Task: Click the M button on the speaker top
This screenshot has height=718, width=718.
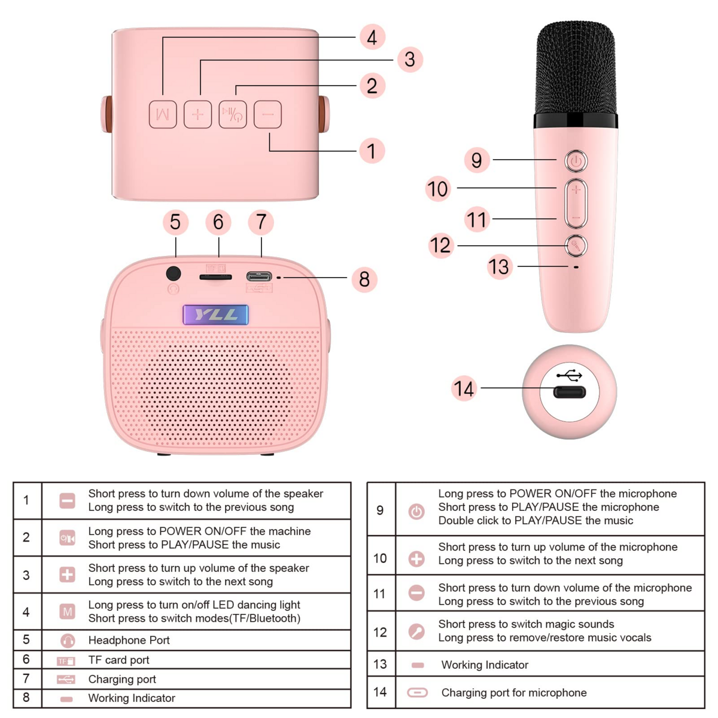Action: pos(163,114)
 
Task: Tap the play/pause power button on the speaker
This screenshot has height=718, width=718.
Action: pos(233,114)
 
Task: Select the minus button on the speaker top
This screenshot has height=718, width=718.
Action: pos(267,114)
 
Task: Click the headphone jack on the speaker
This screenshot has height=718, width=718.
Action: pos(174,274)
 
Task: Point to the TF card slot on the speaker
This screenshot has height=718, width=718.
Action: pos(215,277)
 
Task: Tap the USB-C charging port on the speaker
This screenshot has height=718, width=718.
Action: pos(258,276)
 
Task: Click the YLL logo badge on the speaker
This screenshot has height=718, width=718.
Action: pos(215,315)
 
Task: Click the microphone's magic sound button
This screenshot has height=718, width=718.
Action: pos(576,245)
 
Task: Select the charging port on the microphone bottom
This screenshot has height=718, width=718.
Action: pos(569,393)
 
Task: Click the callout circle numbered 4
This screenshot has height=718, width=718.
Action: pos(372,37)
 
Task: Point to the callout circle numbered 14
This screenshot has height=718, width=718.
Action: pos(464,389)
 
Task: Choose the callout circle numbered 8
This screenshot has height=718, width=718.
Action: pos(364,279)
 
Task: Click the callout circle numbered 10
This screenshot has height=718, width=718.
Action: pos(437,189)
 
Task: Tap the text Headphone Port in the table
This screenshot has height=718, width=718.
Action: pos(129,640)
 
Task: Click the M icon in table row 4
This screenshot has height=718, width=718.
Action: pos(67,611)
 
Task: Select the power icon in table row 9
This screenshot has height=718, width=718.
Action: pos(416,511)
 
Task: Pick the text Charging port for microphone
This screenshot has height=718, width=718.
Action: pos(513,692)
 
